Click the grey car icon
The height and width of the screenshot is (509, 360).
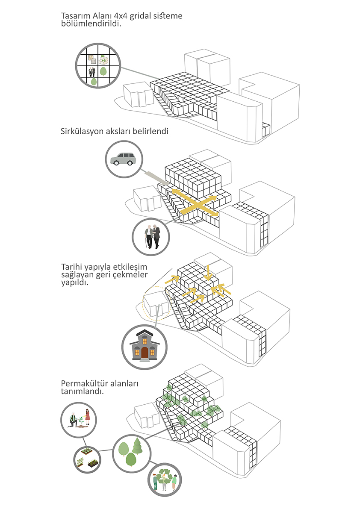pyautogui.click(x=123, y=159)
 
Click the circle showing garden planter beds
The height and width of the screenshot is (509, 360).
pyautogui.click(x=87, y=459)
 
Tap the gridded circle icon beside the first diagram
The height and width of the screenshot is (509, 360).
pyautogui.click(x=97, y=66)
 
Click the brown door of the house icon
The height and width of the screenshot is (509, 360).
pyautogui.click(x=145, y=353)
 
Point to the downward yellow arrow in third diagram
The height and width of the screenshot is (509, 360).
pyautogui.click(x=207, y=273)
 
